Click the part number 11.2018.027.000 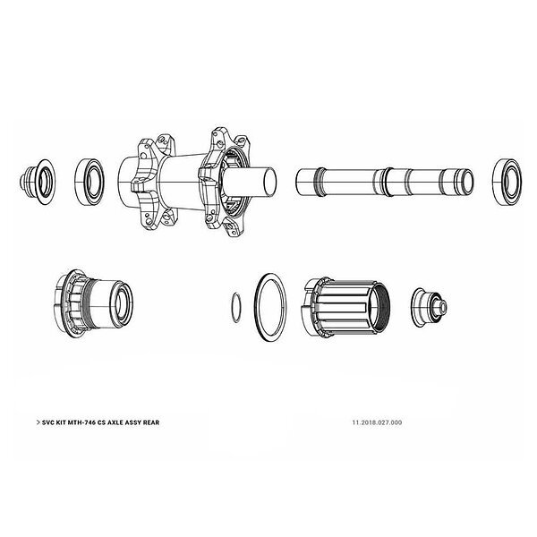point(377,422)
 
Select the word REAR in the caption point(151,422)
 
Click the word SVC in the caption point(48,422)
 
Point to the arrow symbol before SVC point(38,422)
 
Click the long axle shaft point(384,182)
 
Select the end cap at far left point(37,182)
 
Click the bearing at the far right point(507,182)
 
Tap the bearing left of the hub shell point(90,182)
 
